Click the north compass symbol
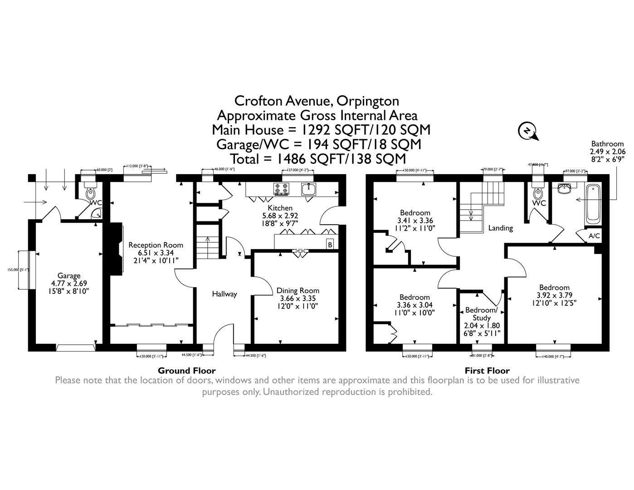tap(527, 131)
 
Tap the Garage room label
tap(69, 275)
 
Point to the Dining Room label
tap(297, 290)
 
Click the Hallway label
tap(224, 294)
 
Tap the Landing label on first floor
tap(500, 228)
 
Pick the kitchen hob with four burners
tap(281, 188)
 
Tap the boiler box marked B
tap(330, 245)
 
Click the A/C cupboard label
tap(594, 236)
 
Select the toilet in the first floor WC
tap(538, 194)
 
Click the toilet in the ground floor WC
tap(91, 194)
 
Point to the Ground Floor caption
tap(186, 370)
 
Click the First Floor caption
tap(487, 370)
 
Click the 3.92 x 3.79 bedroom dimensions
tap(554, 294)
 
